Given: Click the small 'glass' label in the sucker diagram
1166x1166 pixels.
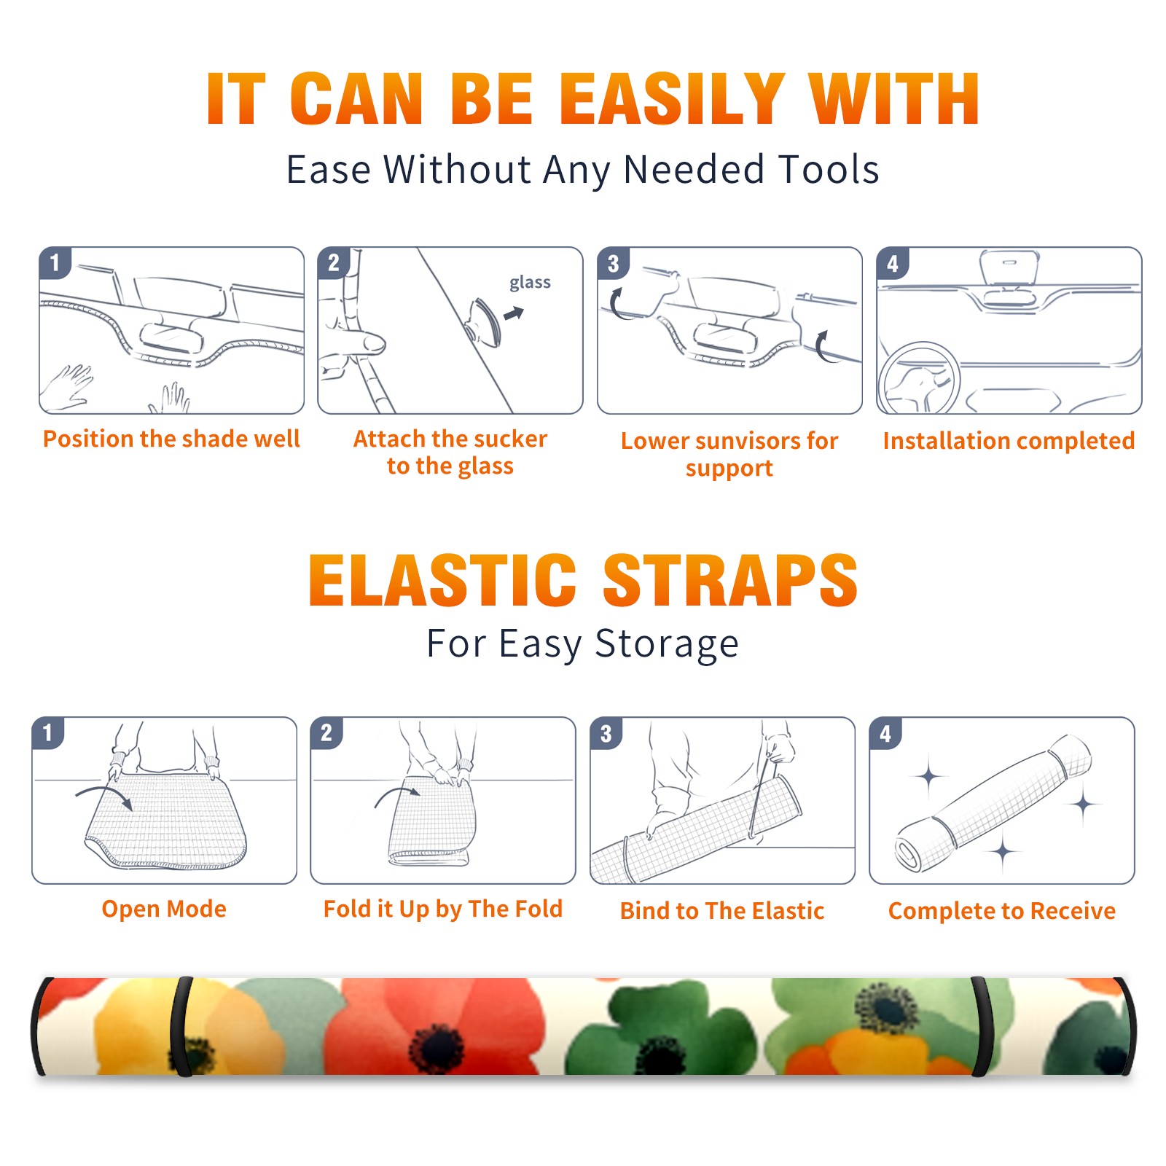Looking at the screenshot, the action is pos(530,283).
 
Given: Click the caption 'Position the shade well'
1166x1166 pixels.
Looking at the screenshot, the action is pos(171,439).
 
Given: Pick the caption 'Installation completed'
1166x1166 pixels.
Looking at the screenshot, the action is pos(1009,441).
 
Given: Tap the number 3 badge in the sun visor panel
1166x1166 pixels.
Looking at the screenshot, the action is pos(613,263).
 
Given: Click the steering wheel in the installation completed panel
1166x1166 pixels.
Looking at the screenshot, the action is pos(919,379).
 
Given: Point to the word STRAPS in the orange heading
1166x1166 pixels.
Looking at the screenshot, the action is pos(730,580).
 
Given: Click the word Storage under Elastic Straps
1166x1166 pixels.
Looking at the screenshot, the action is pos(667,644).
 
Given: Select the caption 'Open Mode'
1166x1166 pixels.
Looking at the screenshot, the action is pos(164,909).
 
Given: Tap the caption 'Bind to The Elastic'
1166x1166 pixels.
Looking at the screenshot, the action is pos(722,911).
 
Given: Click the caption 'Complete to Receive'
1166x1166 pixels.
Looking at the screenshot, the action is pos(1002,911).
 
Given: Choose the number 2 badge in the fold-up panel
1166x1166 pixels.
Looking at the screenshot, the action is pos(326,733).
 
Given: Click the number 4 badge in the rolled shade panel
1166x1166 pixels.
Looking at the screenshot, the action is pos(885,733).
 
